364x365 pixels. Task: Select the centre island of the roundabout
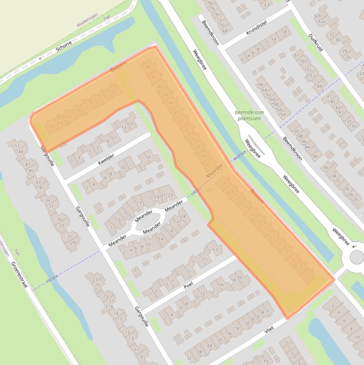pos(356,257)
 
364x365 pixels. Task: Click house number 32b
pos(317,16)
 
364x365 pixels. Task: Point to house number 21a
pos(109,306)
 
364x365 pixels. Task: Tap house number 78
pos(209,3)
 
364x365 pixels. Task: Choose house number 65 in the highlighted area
pos(52,126)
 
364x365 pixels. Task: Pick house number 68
pos(224,31)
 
